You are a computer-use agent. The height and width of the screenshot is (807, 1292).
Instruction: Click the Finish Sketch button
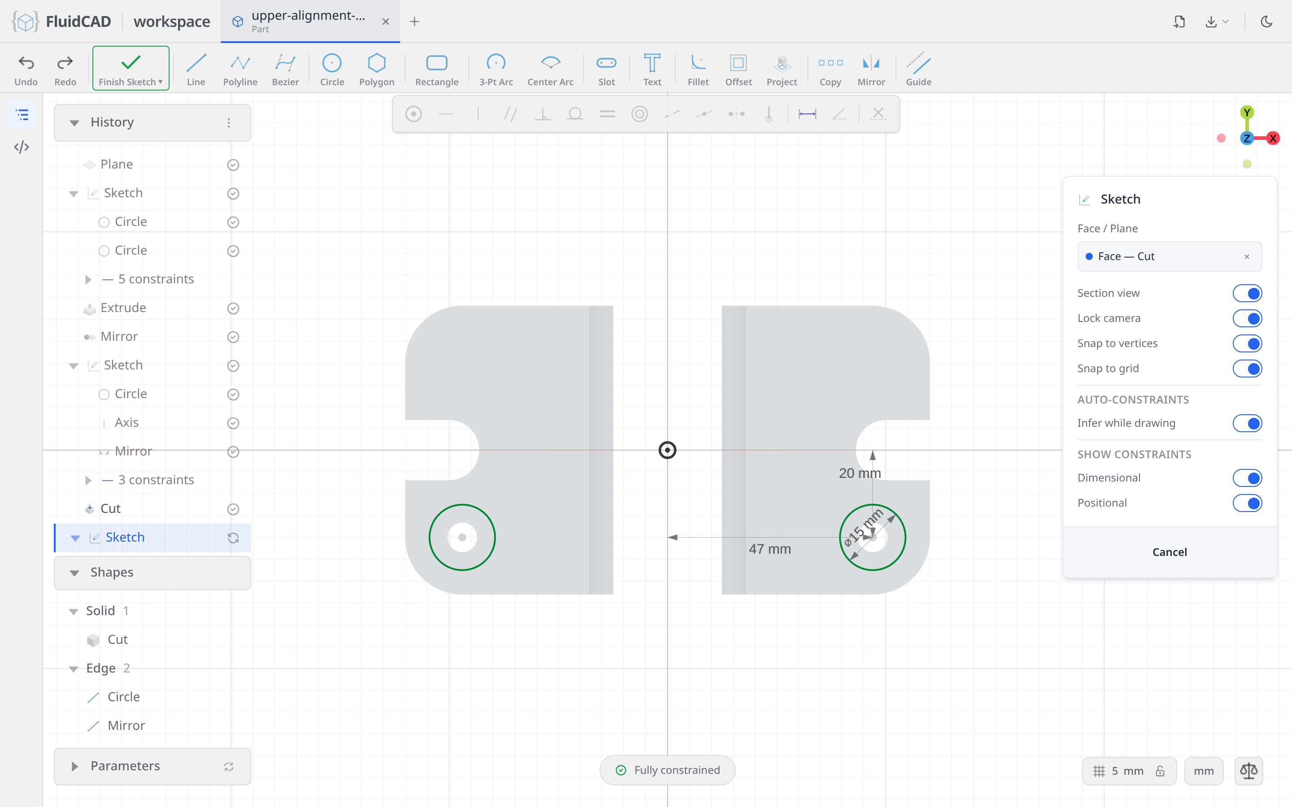[131, 68]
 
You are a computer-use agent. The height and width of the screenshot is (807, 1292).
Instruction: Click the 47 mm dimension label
[770, 549]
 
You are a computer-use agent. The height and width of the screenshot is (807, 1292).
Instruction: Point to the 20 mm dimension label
[860, 473]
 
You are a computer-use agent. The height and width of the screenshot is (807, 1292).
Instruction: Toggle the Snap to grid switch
[1247, 368]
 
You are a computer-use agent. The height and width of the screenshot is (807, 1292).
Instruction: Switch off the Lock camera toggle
[1247, 318]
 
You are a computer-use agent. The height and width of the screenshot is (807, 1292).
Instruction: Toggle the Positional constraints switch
[1247, 503]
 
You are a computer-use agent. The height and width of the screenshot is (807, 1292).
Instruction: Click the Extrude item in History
[123, 308]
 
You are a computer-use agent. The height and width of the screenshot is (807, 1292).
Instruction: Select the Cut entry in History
[110, 509]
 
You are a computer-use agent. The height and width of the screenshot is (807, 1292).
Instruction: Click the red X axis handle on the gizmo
[1273, 138]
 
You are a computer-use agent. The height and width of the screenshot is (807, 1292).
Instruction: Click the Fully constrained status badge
[668, 770]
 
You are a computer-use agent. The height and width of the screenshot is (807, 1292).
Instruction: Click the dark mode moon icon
[1266, 22]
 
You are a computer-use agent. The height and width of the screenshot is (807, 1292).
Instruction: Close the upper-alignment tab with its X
[385, 22]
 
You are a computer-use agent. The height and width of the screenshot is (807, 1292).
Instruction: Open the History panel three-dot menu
[228, 123]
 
